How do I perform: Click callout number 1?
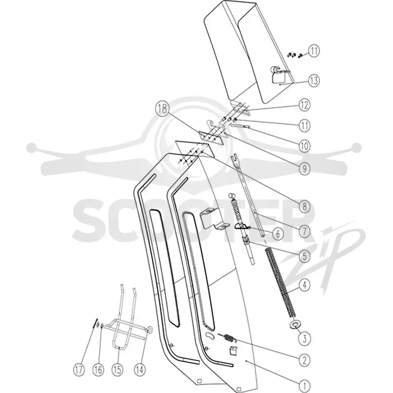(305, 386)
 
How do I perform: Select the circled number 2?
(305, 360)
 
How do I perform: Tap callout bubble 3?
(305, 338)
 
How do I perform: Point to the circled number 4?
(305, 285)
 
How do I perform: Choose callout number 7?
(305, 231)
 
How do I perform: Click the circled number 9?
(304, 168)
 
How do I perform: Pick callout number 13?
(314, 81)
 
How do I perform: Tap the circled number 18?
(162, 109)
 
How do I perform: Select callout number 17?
(79, 369)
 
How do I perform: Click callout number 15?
(117, 369)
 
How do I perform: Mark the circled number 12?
(304, 105)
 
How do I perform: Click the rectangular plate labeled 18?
(211, 138)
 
